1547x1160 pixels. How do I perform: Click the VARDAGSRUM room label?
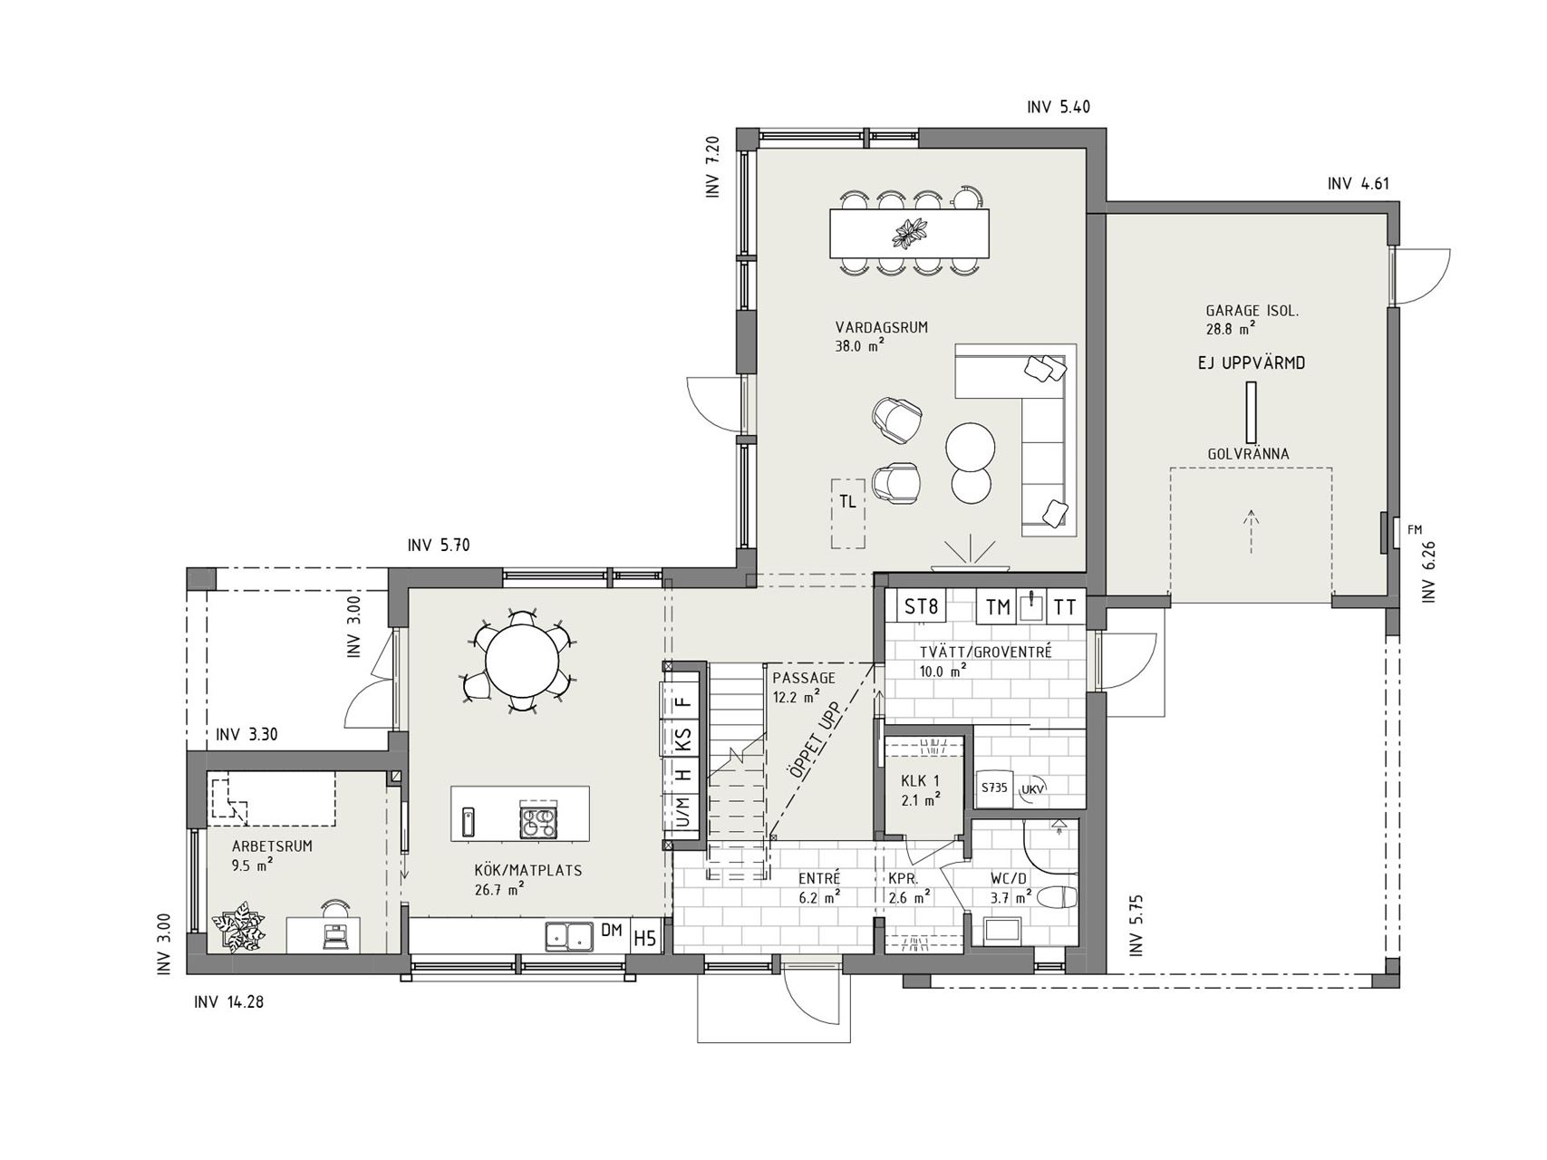point(882,328)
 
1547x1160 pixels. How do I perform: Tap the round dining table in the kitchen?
point(523,661)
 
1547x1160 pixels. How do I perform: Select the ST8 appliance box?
point(922,606)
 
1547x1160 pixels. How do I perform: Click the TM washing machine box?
point(999,607)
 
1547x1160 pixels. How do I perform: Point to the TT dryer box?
point(1066,607)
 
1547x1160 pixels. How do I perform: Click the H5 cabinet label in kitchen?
point(644,938)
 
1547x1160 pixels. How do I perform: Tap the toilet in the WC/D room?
point(1057,898)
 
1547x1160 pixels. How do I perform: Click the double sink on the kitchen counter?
point(569,936)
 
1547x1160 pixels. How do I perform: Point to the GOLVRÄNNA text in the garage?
point(1248,454)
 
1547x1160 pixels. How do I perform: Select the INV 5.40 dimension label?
point(1059,107)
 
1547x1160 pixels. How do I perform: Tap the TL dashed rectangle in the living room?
point(848,513)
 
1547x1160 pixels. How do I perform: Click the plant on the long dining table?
point(908,233)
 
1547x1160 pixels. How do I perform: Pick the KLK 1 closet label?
point(920,781)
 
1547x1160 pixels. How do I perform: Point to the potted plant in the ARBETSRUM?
point(239,927)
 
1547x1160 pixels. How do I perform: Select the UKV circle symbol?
point(1031,789)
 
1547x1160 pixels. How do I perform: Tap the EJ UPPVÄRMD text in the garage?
point(1251,363)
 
